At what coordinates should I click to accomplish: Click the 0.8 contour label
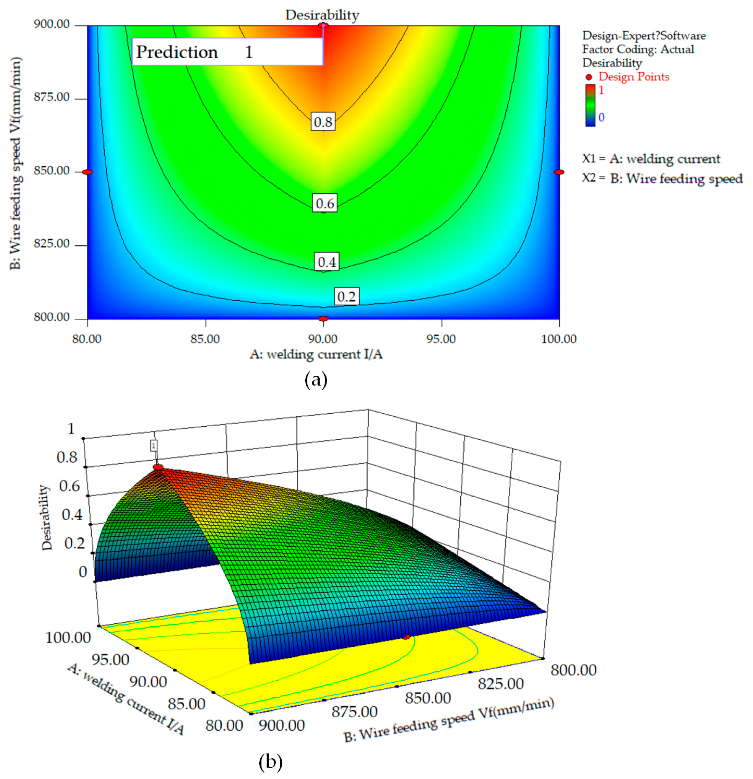pyautogui.click(x=323, y=122)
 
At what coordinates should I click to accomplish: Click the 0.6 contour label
pyautogui.click(x=325, y=204)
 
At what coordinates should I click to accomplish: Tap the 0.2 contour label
pyautogui.click(x=346, y=297)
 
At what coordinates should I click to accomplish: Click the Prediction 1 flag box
pyautogui.click(x=227, y=52)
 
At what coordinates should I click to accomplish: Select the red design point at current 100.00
pyautogui.click(x=559, y=172)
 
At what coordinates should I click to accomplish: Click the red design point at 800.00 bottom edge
pyautogui.click(x=323, y=318)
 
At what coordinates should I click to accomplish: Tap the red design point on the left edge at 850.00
pyautogui.click(x=87, y=172)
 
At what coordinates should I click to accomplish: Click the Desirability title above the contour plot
pyautogui.click(x=322, y=15)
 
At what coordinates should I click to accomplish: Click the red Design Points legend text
pyautogui.click(x=633, y=76)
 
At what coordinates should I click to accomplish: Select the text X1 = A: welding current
pyautogui.click(x=651, y=159)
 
